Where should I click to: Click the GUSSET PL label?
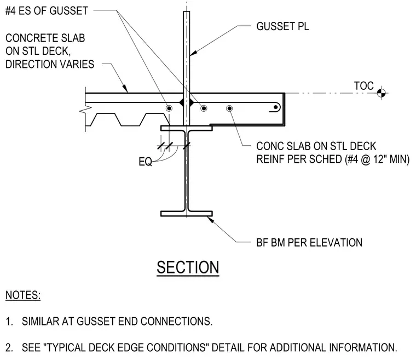(282, 26)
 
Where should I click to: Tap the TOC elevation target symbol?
(382, 93)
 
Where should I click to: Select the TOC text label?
(364, 86)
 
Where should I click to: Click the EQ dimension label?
(145, 162)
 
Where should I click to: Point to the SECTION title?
(188, 267)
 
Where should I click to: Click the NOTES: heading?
(23, 295)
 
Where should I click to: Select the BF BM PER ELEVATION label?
(309, 243)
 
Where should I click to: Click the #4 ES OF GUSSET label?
(47, 11)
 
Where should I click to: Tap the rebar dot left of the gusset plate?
(169, 108)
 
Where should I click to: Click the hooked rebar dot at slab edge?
(276, 107)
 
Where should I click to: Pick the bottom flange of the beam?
(187, 214)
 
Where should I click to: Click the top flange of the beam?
(187, 128)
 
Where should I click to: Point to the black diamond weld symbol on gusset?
(187, 102)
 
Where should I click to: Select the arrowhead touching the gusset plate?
(193, 53)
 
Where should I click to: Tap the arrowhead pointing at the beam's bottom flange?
(210, 220)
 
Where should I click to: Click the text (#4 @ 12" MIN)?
(377, 159)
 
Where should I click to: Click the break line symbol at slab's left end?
(85, 110)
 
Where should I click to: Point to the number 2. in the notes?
(9, 347)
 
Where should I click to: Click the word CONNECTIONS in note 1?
(176, 322)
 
